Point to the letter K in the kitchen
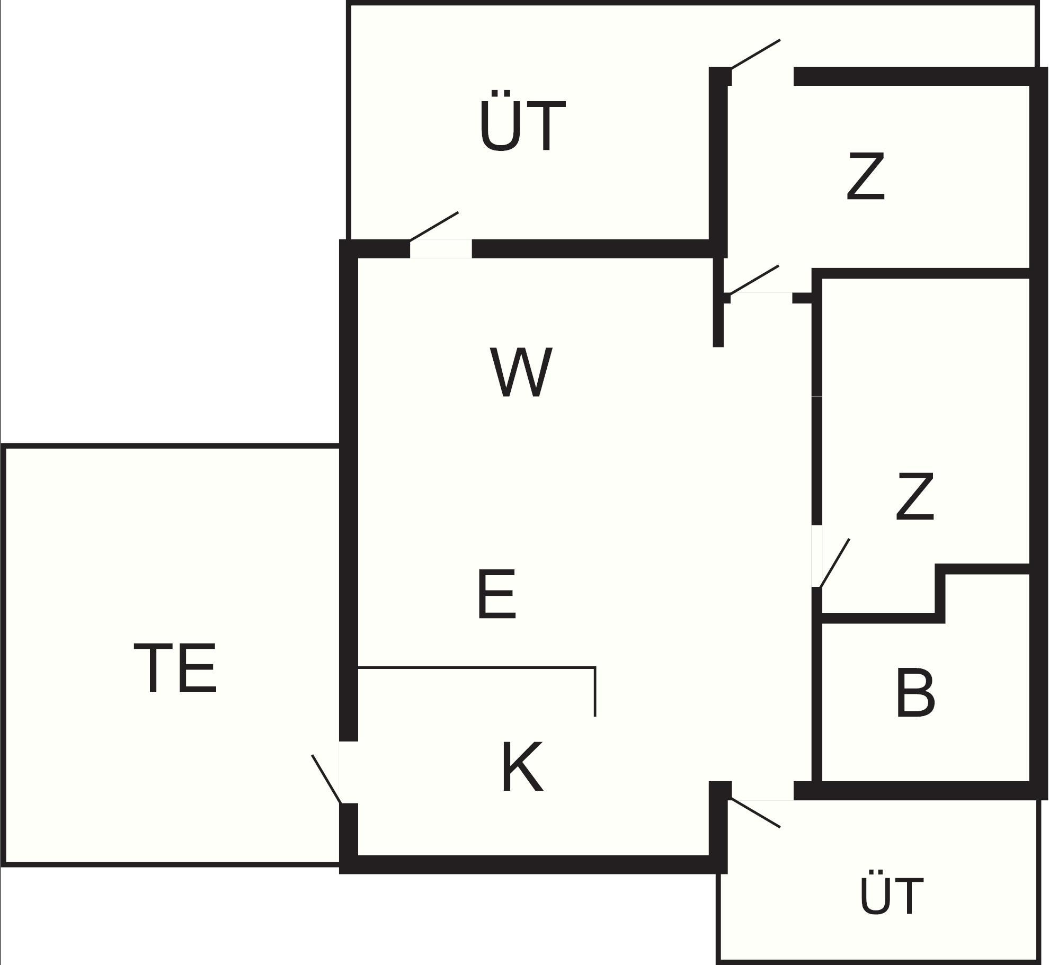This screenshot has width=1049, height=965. (522, 766)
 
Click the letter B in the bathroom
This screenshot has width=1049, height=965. (915, 693)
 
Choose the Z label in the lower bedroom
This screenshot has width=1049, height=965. (914, 496)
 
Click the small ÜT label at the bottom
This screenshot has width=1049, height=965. (892, 896)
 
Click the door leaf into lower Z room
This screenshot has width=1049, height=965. (834, 563)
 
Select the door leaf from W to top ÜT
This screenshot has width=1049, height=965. (434, 227)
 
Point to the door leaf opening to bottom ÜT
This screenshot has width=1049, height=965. (755, 813)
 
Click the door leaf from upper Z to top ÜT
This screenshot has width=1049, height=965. (755, 54)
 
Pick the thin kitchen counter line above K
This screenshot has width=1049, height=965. (477, 668)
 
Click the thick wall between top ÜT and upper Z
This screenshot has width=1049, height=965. (718, 164)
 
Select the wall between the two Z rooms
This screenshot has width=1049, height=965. (922, 273)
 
